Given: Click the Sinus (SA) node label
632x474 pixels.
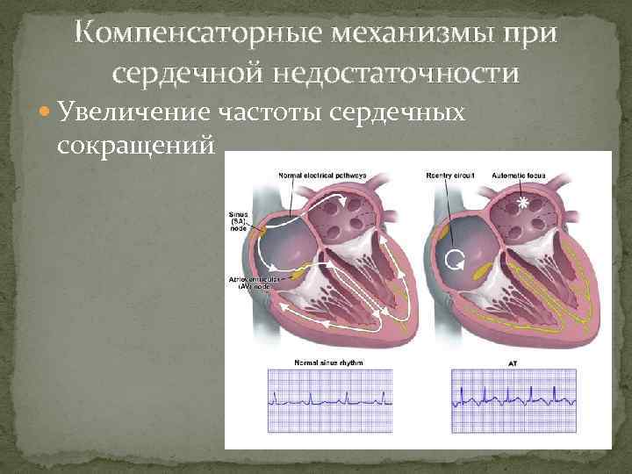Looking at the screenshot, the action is (238, 219).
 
